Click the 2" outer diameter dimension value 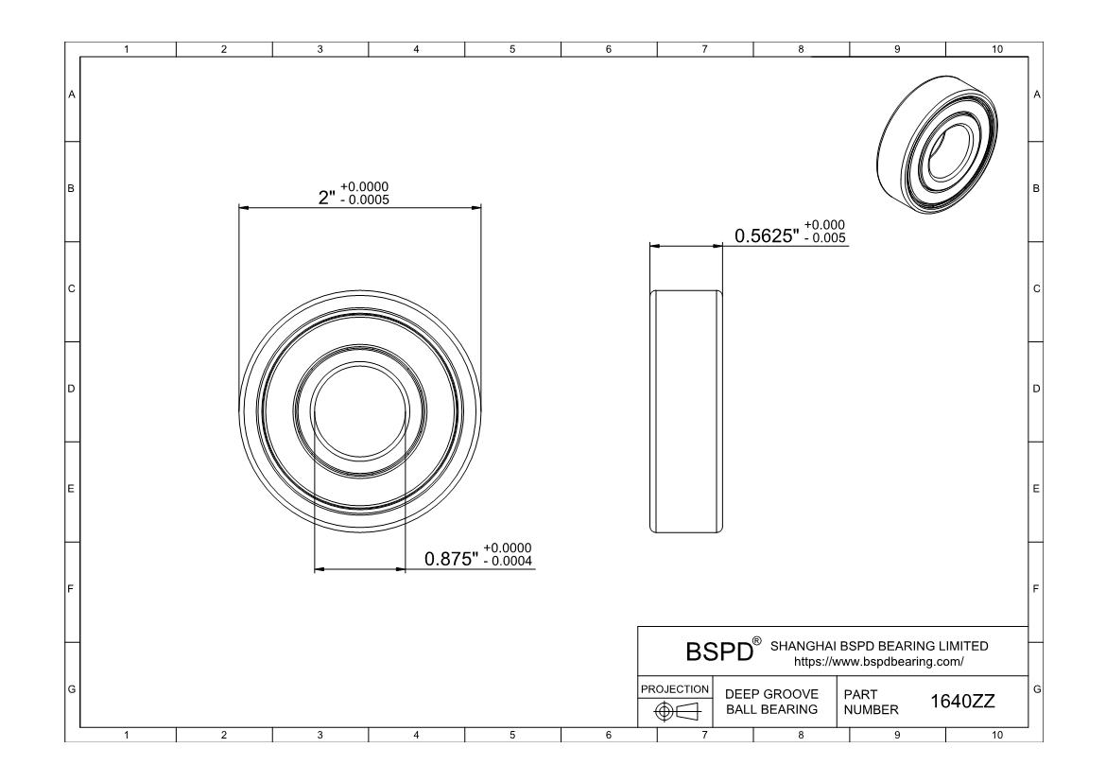326,198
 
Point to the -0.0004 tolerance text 508,562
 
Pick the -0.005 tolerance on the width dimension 824,238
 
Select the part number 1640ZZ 962,702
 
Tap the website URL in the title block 878,662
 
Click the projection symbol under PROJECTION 675,710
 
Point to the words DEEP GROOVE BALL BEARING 770,702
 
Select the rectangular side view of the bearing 685,410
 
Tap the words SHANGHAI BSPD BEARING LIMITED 879,646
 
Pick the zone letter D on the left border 71,389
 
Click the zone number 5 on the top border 512,49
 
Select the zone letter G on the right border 1037,687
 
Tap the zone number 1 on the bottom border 128,734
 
